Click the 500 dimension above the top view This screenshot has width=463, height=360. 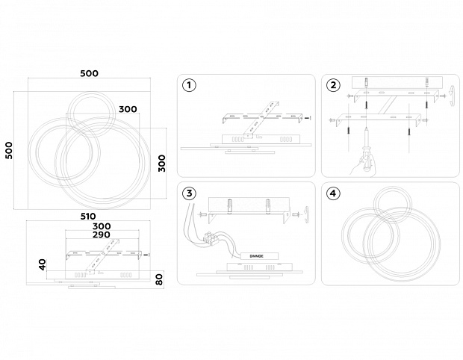coord(90,73)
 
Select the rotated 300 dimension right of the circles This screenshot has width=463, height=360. coord(161,164)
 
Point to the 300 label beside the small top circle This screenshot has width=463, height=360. coord(128,109)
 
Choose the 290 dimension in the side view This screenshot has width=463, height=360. coord(102,235)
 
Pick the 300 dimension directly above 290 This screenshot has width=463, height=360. coord(102,226)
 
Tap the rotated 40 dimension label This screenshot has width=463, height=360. coord(43,264)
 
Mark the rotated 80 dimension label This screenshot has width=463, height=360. coord(158,279)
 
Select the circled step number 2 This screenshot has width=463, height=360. coord(333,85)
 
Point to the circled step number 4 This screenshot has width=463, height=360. coord(333,193)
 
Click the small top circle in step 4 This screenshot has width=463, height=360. coord(394,203)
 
